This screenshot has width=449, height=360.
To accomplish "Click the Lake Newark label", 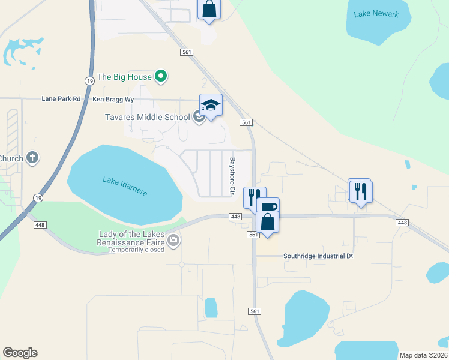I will click(x=376, y=14).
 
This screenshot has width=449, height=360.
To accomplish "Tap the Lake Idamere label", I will click(x=125, y=185).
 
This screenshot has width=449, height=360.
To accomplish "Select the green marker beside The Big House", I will click(x=160, y=76).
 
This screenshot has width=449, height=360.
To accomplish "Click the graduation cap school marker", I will click(x=211, y=106).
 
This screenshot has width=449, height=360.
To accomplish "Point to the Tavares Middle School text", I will click(x=148, y=117).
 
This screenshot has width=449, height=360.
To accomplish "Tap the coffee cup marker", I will click(x=268, y=207).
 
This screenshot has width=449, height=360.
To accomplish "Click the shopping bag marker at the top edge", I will click(x=209, y=9).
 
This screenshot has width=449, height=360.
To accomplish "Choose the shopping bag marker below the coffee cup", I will click(x=267, y=223).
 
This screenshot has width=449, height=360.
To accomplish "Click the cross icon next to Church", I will click(x=32, y=158).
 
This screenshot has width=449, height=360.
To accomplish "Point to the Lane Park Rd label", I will click(x=61, y=99).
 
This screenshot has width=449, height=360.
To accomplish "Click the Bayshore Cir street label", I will click(x=232, y=176).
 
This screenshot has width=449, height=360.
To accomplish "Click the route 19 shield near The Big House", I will click(x=89, y=80).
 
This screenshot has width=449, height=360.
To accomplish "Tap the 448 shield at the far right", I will click(x=402, y=223).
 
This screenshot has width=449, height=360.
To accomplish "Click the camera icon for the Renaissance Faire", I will click(x=173, y=241).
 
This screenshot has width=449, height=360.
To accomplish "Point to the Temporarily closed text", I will click(x=136, y=250).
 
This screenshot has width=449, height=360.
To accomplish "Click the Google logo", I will click(x=20, y=353).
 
